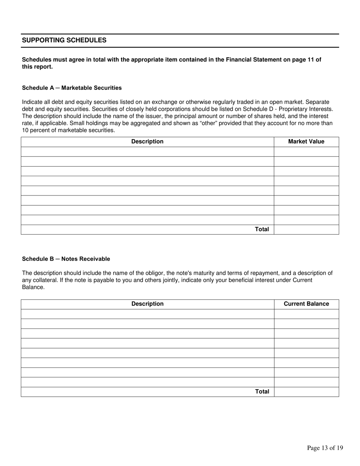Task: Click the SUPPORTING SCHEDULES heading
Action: tap(64, 40)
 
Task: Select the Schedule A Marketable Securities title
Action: tap(72, 88)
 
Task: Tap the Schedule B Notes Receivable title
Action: tap(66, 259)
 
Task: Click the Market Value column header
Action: tap(306, 142)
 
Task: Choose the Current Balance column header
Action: tap(306, 304)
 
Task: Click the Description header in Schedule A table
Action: tap(147, 142)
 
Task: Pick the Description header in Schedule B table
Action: tap(147, 304)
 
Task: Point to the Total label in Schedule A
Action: tap(262, 230)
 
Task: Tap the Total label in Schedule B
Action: tap(262, 392)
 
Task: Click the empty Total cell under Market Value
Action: tap(306, 230)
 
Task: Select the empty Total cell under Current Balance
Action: tap(306, 392)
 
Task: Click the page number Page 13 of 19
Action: tap(325, 448)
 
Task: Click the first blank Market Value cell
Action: tap(306, 152)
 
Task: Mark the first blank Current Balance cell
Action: tap(306, 314)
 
